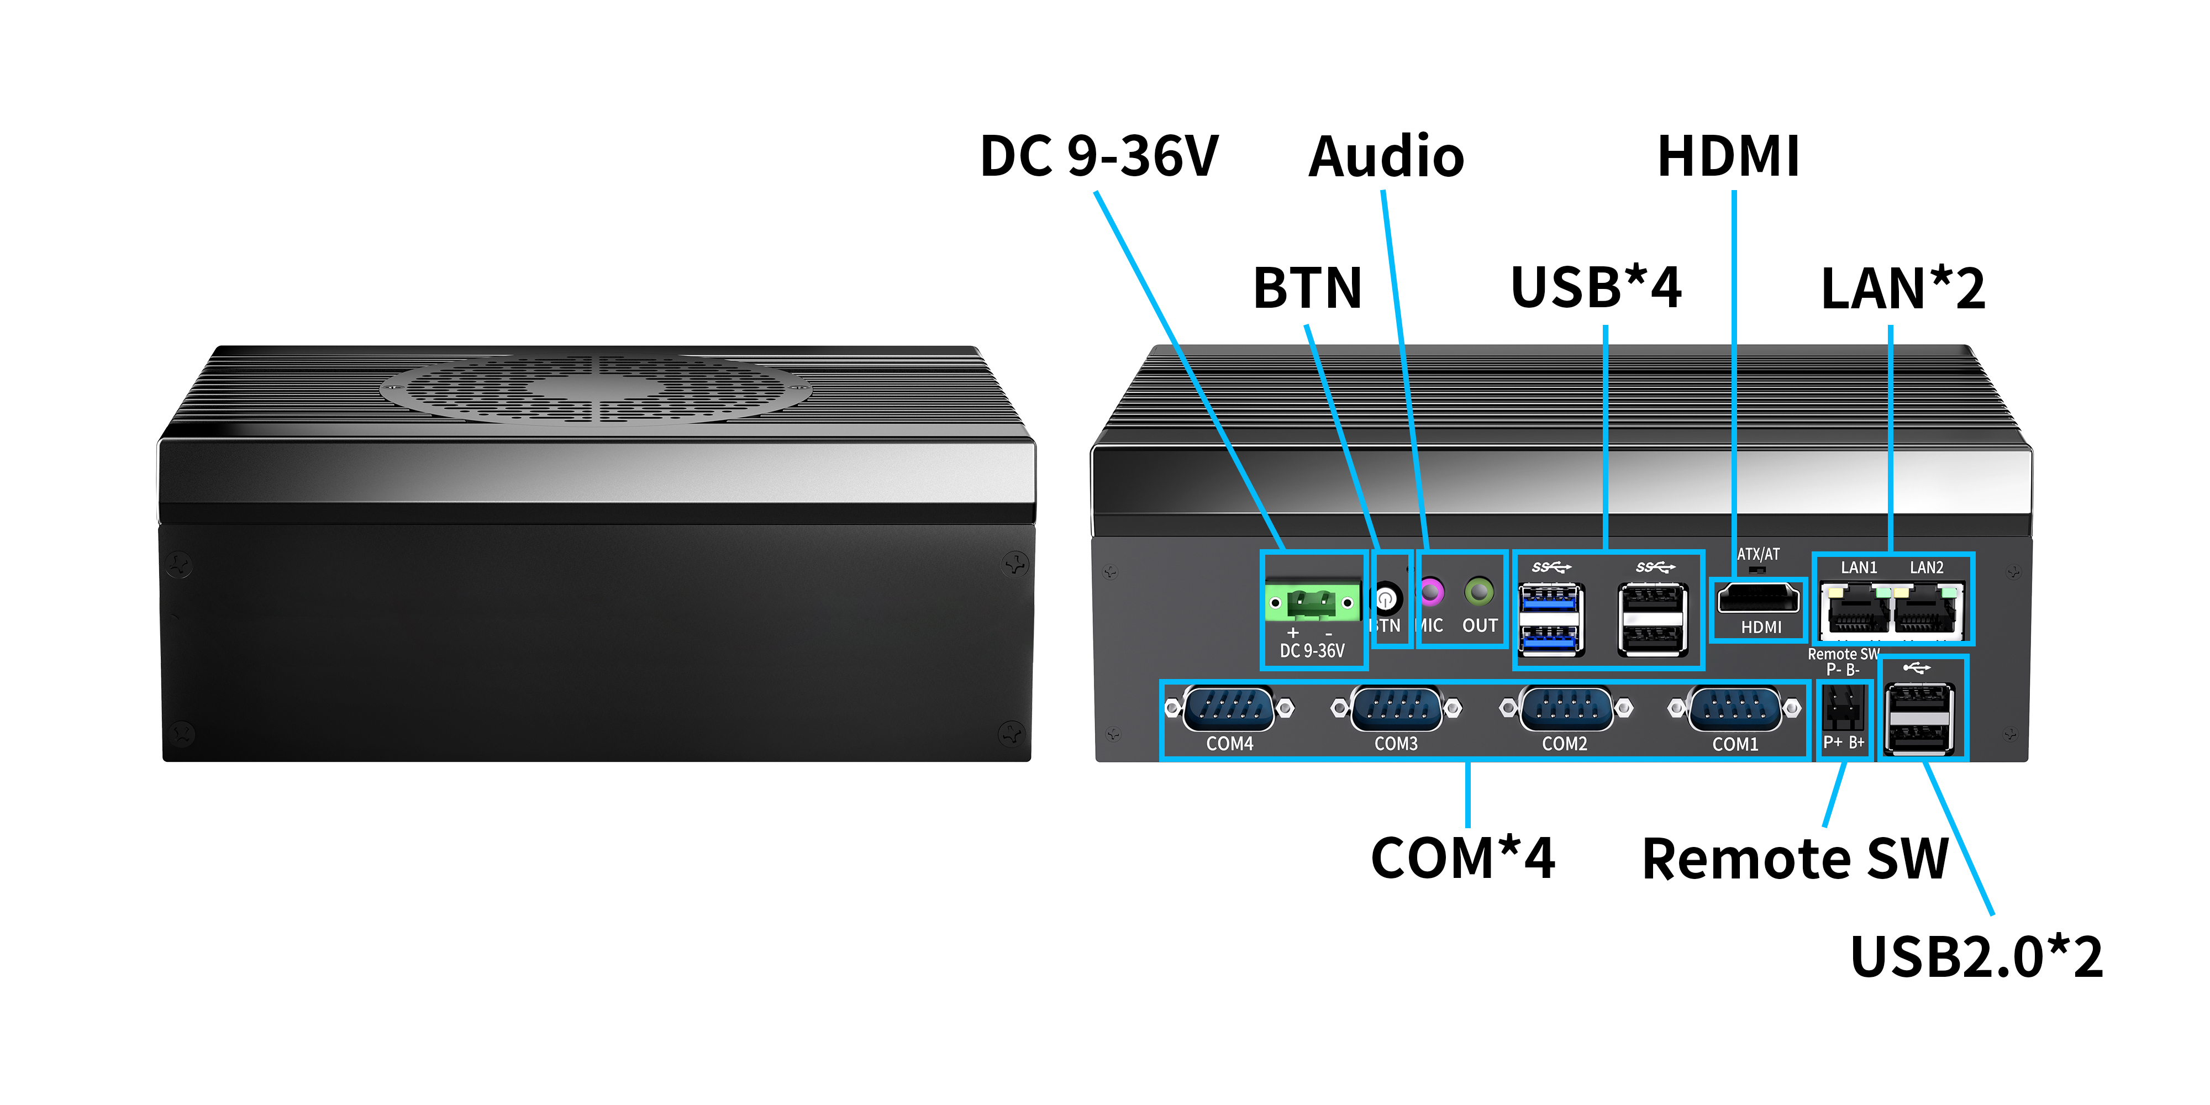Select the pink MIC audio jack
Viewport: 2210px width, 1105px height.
1430,592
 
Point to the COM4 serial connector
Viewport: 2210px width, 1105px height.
1229,709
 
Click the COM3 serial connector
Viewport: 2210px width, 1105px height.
1396,709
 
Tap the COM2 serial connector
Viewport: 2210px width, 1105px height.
1565,709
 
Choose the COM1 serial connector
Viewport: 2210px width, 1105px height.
1734,709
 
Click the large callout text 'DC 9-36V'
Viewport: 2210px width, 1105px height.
1099,156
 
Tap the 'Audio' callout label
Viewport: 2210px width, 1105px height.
1386,157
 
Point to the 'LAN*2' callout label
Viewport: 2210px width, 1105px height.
1903,288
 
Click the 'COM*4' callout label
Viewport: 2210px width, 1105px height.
1463,858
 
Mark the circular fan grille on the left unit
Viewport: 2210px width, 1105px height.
596,388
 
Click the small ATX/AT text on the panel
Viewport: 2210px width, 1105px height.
1758,554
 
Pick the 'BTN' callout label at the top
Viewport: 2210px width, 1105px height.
1307,288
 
